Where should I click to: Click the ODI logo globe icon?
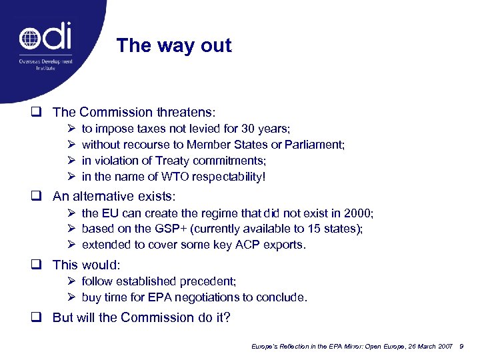tap(30, 39)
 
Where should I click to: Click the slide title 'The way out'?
tap(173, 46)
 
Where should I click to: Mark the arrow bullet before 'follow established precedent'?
tap(72, 281)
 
